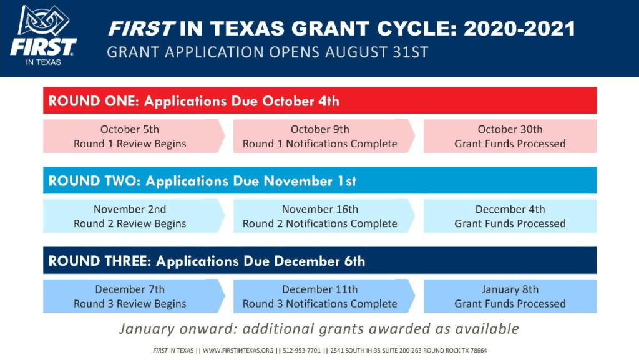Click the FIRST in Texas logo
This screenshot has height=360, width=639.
(43, 36)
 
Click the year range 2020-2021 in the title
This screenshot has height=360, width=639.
(519, 29)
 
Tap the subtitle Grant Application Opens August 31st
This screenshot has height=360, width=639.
(267, 52)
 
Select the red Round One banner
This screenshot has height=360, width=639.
(320, 100)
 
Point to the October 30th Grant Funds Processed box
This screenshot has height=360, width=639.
(510, 136)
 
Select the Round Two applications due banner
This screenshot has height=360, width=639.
(320, 180)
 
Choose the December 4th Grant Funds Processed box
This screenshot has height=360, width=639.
(510, 216)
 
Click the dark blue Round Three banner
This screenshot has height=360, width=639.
(320, 260)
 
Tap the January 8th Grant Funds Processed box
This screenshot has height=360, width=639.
(510, 296)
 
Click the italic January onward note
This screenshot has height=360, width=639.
(319, 329)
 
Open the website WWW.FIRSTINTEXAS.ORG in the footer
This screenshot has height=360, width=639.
(238, 350)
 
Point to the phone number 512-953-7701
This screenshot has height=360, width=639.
(301, 350)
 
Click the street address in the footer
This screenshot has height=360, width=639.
(409, 350)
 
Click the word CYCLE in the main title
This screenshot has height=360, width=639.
(414, 29)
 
